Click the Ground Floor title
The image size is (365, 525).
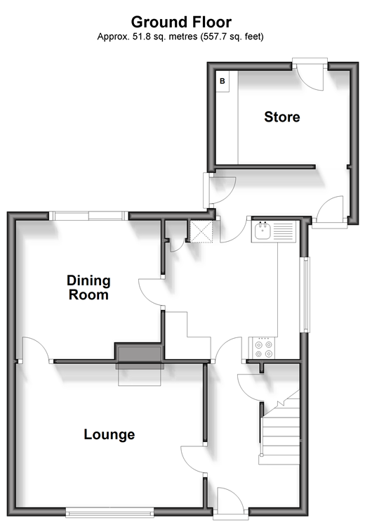[181, 22]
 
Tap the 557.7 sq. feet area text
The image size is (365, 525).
[232, 37]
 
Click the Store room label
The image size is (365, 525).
[282, 117]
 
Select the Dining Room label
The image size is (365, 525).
[88, 287]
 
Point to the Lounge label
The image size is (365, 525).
[109, 434]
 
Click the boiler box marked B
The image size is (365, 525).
[223, 82]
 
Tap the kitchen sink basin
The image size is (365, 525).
[263, 231]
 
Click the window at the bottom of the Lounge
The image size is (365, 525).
[109, 512]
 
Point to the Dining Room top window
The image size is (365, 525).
[88, 216]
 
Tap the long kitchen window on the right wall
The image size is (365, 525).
[305, 294]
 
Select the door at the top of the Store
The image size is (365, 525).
[310, 74]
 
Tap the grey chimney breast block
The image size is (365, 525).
[139, 356]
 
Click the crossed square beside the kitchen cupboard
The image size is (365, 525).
[201, 231]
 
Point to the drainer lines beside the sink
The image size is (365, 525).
[283, 231]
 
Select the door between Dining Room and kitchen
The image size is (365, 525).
[151, 292]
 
